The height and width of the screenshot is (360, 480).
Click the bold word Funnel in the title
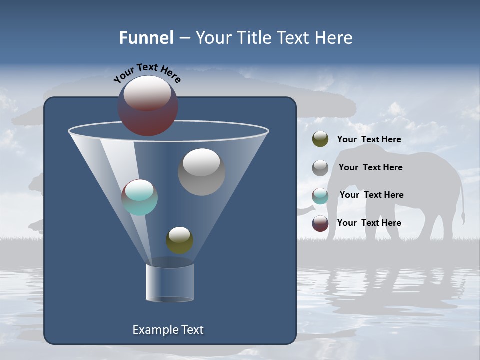146,38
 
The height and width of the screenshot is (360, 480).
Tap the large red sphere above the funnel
148,106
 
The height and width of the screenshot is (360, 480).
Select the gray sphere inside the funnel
201,172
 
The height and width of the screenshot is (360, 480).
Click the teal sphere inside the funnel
140,197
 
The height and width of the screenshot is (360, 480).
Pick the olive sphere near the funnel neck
180,240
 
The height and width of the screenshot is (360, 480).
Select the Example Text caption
168,330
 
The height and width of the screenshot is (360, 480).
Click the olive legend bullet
320,139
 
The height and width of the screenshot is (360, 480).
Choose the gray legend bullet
320,167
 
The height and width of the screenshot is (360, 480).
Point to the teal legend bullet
320,195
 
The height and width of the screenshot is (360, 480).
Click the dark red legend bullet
320,223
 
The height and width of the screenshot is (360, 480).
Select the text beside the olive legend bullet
369,140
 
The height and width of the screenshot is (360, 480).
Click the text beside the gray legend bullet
370,167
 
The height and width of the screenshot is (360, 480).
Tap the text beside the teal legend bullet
371,195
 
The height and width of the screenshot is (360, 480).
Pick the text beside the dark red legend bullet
369,223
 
